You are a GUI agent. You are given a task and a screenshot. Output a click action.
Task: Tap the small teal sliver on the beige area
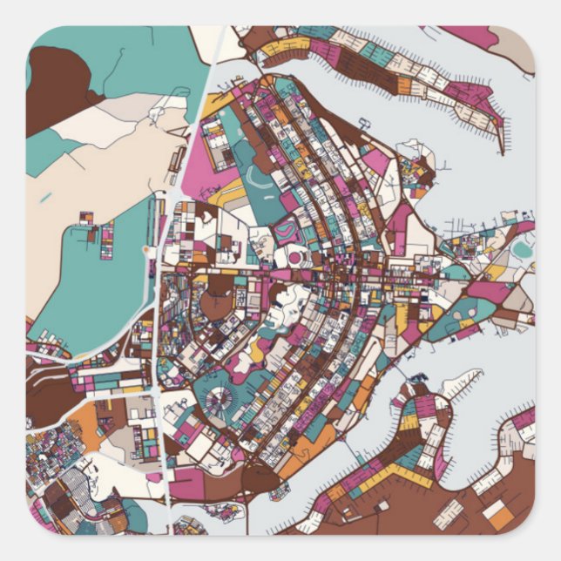point(45,198)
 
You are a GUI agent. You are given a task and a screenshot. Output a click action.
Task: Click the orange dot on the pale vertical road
point(145,250)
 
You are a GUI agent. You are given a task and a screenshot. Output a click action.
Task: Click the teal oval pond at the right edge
point(522,251)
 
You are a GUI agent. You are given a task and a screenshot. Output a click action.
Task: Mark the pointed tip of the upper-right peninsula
point(502,151)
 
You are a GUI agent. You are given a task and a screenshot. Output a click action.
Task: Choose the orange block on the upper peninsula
point(404,85)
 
